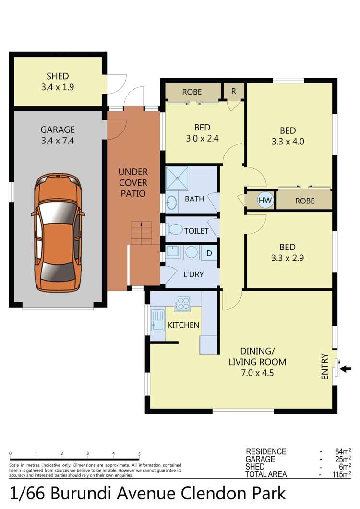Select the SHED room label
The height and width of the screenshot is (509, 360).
(58, 82)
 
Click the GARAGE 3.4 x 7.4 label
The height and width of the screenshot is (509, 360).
(58, 135)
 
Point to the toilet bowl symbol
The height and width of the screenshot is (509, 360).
(176, 230)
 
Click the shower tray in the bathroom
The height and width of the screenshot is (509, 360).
(178, 178)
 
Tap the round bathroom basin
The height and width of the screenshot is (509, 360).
(172, 202)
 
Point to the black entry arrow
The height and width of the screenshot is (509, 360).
(346, 368)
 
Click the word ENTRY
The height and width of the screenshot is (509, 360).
(325, 367)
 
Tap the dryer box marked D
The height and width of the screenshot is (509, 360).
(209, 253)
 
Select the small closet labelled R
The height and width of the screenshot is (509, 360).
(234, 91)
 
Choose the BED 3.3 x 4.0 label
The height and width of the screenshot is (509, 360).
(288, 136)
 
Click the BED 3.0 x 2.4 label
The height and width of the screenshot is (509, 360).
(202, 133)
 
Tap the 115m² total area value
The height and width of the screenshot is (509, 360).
(343, 474)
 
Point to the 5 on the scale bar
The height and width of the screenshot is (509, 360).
(139, 453)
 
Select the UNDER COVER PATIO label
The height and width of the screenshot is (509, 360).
(133, 183)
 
